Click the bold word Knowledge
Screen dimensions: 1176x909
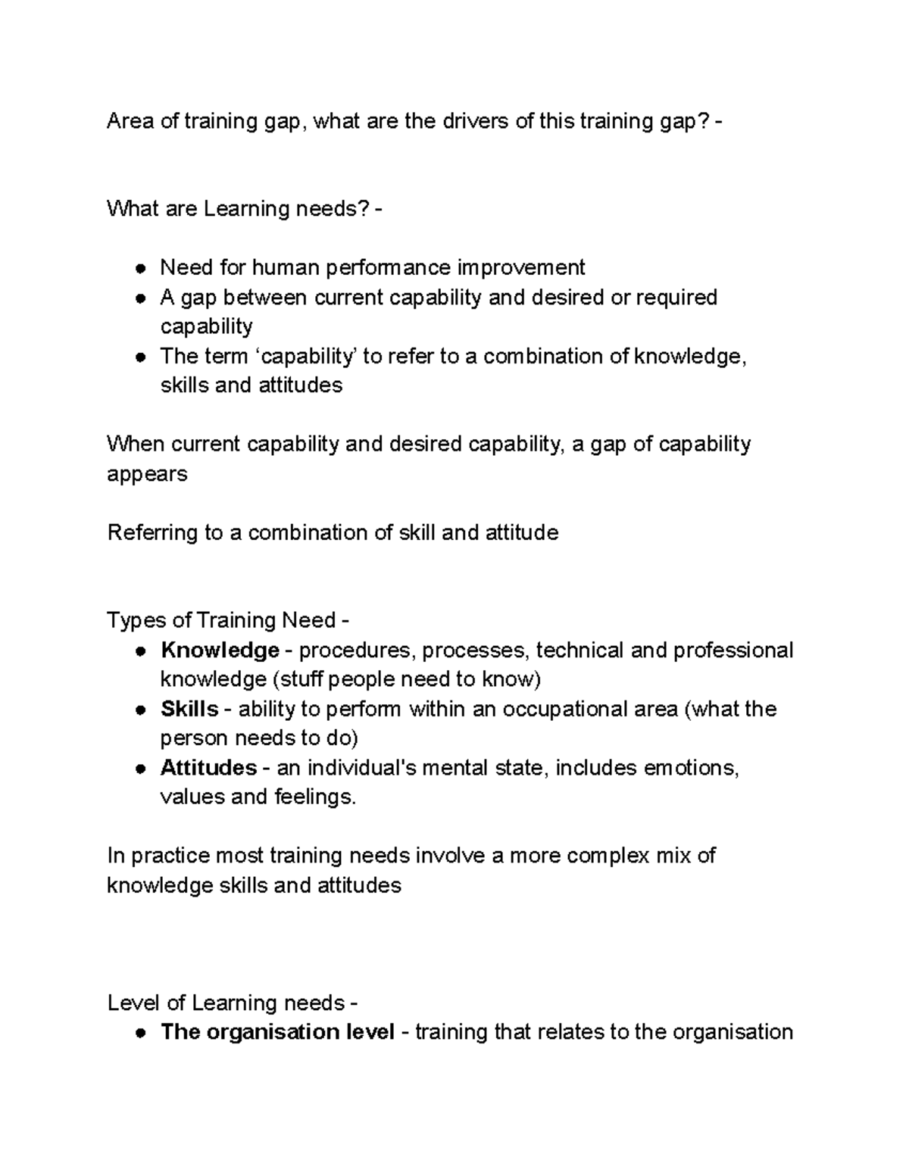point(220,650)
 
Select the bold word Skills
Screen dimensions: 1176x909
point(189,709)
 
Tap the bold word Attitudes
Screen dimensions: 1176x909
point(208,768)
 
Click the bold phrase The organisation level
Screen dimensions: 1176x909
point(277,1032)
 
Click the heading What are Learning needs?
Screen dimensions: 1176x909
point(239,208)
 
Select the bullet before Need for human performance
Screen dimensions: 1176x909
point(140,268)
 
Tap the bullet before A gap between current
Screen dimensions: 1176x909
point(140,298)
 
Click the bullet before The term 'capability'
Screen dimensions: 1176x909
point(140,357)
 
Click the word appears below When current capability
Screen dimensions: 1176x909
point(147,474)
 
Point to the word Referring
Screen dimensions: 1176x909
point(153,532)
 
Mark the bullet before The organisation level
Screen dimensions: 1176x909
point(140,1033)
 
